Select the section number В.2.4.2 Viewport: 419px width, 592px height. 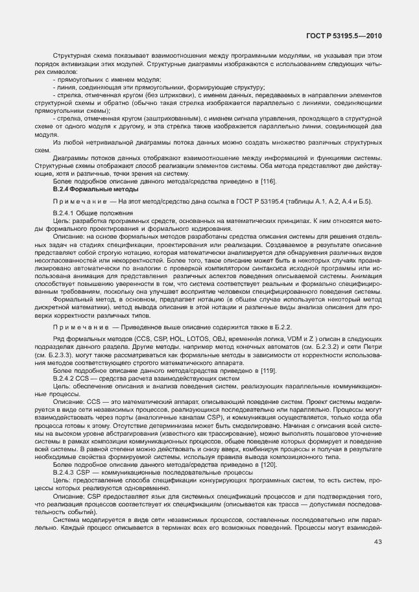coord(64,377)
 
